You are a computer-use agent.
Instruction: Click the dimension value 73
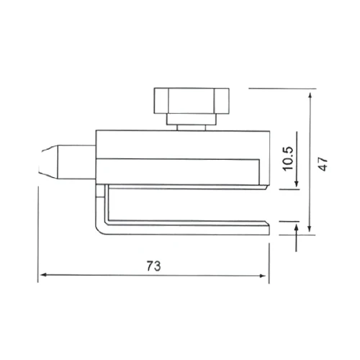pyautogui.click(x=154, y=266)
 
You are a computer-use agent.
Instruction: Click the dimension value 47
pyautogui.click(x=323, y=164)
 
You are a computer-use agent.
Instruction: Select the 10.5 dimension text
pyautogui.click(x=289, y=158)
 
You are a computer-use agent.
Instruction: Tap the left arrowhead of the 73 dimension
pyautogui.click(x=42, y=275)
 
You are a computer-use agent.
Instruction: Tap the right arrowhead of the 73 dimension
pyautogui.click(x=263, y=276)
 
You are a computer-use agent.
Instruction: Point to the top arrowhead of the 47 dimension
pyautogui.click(x=310, y=96)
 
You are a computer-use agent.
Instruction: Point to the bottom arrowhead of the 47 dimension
pyautogui.click(x=310, y=229)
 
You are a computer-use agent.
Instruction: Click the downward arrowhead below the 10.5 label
pyautogui.click(x=297, y=184)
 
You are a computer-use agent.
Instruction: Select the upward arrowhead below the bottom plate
pyautogui.click(x=297, y=228)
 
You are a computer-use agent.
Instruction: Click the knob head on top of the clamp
pyautogui.click(x=192, y=101)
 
